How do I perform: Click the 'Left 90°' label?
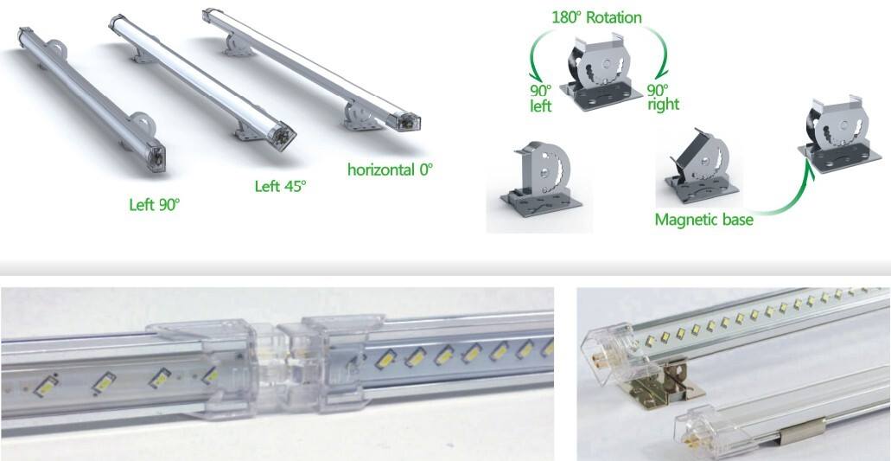point(154,205)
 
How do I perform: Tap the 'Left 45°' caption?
point(280,186)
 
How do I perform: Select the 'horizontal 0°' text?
point(389,169)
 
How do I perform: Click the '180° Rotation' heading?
point(596,16)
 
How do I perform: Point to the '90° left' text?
point(541,97)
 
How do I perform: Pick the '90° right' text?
point(663,97)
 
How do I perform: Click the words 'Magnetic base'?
point(703,220)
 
